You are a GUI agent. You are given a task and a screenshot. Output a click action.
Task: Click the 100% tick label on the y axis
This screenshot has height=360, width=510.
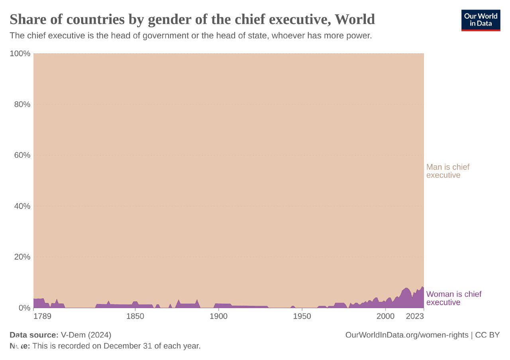click(x=20, y=53)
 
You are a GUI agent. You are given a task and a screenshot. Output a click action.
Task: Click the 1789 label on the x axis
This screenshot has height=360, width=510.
click(x=42, y=317)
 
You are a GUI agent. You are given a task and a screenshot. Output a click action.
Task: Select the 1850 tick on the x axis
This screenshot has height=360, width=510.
click(x=135, y=317)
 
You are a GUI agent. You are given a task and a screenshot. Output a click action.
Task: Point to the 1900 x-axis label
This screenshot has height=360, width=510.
click(x=218, y=317)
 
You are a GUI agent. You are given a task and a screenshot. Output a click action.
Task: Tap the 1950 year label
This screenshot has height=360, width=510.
click(x=302, y=317)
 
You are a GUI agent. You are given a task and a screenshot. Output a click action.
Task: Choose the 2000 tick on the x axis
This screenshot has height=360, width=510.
click(x=385, y=317)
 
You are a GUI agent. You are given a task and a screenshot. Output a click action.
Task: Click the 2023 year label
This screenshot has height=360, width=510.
click(x=414, y=317)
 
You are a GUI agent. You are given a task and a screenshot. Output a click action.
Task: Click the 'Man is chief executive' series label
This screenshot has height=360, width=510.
click(x=447, y=171)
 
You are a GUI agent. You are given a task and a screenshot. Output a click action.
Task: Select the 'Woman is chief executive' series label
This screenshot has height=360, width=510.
click(x=453, y=298)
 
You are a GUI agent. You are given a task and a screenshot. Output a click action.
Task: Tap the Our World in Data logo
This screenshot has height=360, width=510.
click(x=481, y=20)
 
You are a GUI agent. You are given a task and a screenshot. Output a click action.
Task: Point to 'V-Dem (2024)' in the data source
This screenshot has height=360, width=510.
click(x=86, y=335)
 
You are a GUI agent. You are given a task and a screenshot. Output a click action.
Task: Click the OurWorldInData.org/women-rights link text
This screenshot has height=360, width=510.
click(x=406, y=335)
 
